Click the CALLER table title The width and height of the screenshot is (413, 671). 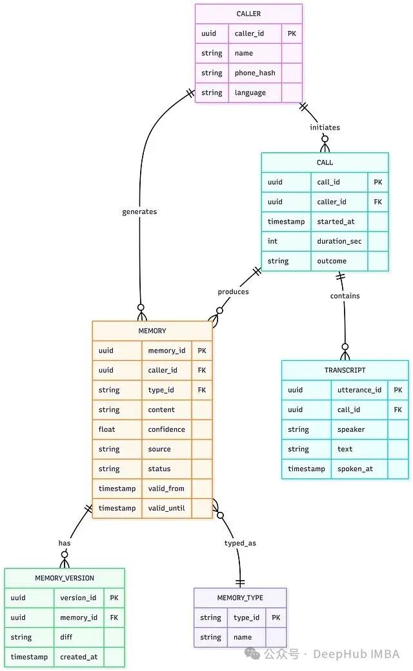point(248,14)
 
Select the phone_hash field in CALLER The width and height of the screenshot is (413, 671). point(255,73)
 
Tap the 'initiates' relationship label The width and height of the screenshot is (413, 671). point(325,127)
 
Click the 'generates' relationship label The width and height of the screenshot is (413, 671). point(139,211)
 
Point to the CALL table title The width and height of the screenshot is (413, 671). point(325,162)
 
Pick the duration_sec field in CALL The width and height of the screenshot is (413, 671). point(339,241)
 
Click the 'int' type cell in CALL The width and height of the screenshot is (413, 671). point(273,241)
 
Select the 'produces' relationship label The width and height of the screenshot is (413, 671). point(233,291)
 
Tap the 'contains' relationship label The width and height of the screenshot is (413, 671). point(345,296)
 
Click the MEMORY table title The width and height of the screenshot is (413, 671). point(152,331)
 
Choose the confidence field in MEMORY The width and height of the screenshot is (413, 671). point(166,429)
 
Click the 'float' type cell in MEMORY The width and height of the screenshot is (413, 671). point(107,429)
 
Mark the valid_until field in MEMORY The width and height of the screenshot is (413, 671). point(166,508)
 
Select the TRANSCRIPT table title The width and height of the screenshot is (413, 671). point(345,370)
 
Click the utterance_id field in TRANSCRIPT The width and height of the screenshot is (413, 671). point(359,390)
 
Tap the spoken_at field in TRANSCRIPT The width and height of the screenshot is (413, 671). point(355,469)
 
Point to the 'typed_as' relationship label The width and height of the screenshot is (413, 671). point(240,543)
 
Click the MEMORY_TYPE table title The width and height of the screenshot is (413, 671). point(240,598)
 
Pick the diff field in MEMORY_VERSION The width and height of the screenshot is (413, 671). point(66,637)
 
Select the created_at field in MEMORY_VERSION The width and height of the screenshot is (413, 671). point(79,657)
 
